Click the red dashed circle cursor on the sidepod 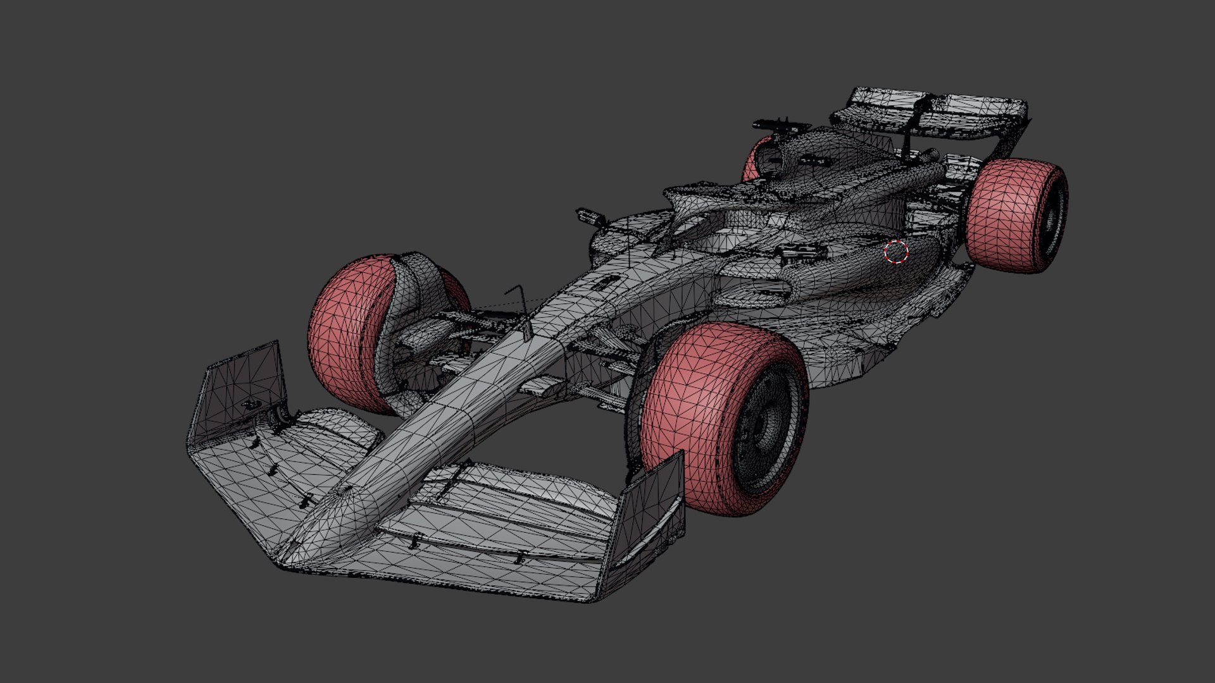click(896, 252)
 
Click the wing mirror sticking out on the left click(587, 215)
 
